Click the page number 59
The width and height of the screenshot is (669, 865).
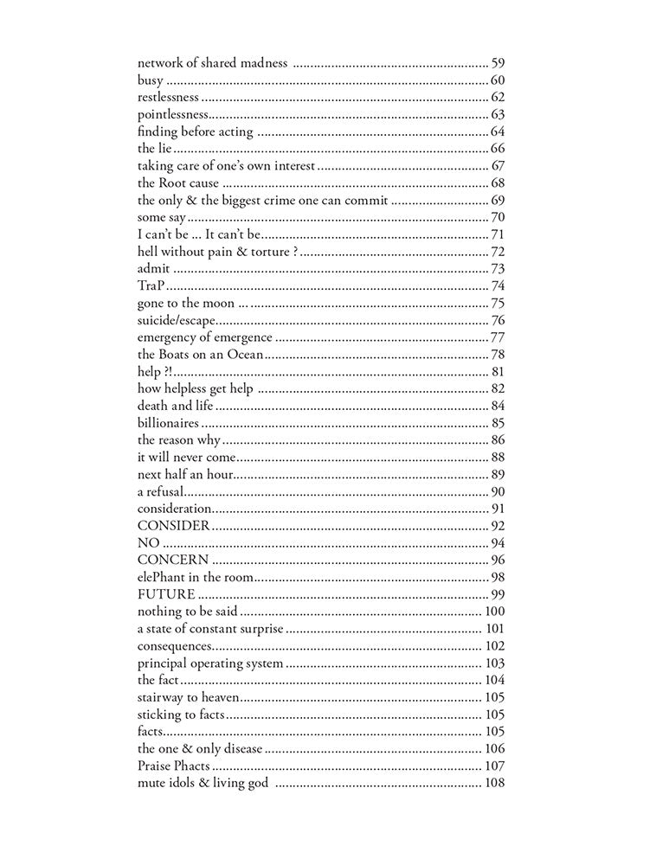point(498,63)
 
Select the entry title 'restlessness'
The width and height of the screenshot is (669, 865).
point(168,97)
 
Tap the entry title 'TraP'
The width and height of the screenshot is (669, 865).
point(151,285)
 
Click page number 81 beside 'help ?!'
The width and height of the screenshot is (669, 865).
point(498,371)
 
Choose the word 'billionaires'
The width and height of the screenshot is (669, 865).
point(168,423)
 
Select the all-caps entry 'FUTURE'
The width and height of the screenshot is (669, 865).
point(166,594)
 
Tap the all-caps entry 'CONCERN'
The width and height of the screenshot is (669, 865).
point(173,560)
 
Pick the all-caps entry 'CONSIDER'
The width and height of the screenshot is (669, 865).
point(173,525)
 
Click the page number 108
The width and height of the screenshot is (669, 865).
point(495,783)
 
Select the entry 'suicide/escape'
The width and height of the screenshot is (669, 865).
point(176,320)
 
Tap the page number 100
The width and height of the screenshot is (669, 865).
point(495,612)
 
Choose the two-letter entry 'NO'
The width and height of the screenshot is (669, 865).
point(148,542)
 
